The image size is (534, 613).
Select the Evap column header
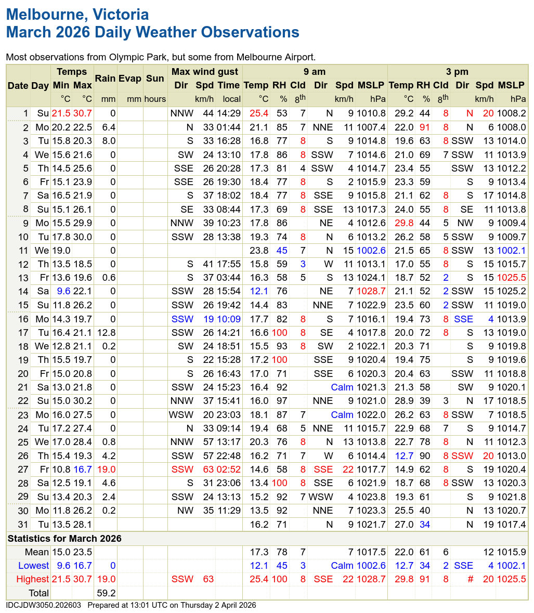click(129, 79)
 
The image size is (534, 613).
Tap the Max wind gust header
click(205, 72)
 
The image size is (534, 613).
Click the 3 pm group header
click(457, 72)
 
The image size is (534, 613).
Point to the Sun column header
click(155, 79)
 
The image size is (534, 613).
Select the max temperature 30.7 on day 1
click(82, 113)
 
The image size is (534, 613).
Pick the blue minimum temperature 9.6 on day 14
click(63, 291)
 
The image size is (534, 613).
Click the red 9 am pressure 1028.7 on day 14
click(371, 291)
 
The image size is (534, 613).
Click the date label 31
click(23, 524)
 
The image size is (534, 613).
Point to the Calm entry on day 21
click(342, 387)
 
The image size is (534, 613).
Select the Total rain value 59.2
click(106, 593)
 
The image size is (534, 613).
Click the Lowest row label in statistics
click(33, 566)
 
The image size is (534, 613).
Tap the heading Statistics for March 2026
click(64, 538)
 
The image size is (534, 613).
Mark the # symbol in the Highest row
click(470, 579)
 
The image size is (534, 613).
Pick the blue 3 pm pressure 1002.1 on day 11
click(511, 251)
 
